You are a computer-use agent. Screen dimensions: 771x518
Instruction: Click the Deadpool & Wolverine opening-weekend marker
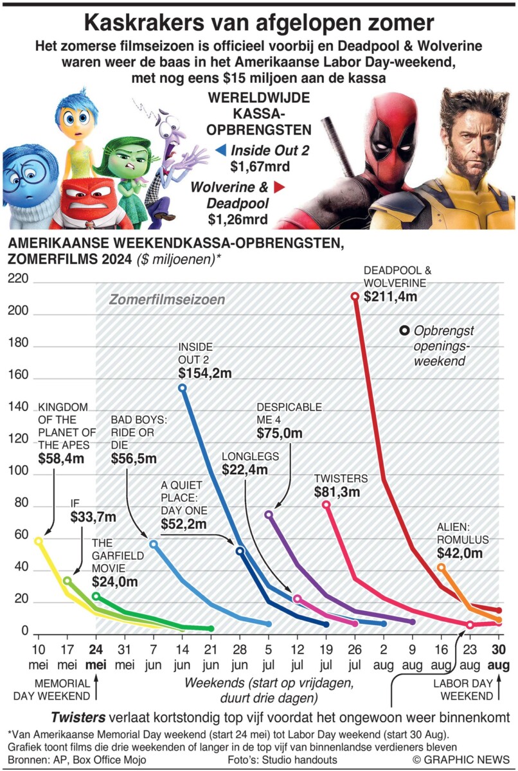tap(355, 296)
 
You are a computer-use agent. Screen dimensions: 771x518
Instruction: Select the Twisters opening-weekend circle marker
tap(326, 505)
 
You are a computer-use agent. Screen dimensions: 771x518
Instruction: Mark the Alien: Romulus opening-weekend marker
tap(441, 567)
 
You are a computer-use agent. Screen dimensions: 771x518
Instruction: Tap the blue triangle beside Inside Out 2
tap(221, 150)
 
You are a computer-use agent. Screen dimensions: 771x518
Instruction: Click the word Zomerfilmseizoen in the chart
tap(167, 300)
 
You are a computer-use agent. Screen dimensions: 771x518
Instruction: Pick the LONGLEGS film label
tap(251, 456)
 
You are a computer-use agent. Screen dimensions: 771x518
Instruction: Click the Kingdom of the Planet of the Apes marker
tap(38, 541)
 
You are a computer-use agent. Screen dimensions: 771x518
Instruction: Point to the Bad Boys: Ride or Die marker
tap(153, 544)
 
